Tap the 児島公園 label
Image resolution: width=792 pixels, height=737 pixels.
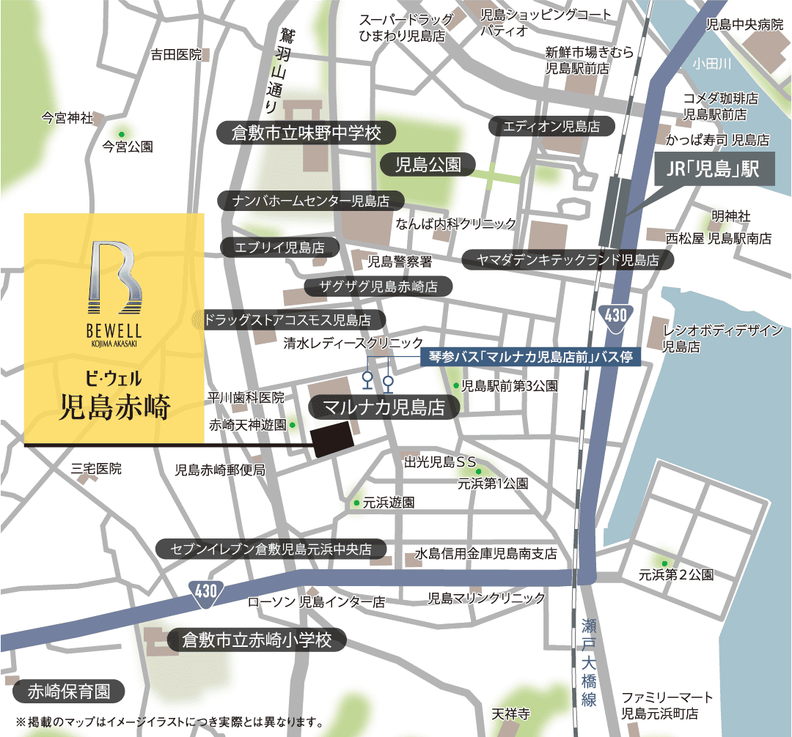[428, 164]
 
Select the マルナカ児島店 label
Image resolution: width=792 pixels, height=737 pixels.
[385, 407]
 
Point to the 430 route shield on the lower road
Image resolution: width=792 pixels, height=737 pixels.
[206, 591]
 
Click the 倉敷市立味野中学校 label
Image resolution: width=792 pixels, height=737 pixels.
[307, 133]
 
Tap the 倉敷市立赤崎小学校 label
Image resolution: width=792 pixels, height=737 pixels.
[257, 640]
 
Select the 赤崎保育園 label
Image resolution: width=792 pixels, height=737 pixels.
[69, 691]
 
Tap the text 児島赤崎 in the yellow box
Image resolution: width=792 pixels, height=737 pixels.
[114, 407]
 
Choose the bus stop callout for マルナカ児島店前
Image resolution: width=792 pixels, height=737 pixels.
[531, 358]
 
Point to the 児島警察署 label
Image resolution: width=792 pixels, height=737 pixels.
[400, 261]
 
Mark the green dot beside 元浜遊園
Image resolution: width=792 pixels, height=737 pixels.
[356, 503]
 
